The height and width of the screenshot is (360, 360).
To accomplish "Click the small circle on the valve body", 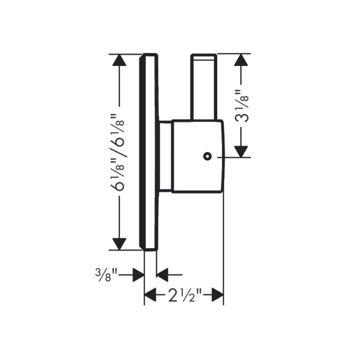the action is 207,156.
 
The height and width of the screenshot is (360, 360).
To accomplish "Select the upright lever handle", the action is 204,87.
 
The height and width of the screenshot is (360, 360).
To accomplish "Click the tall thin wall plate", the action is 149,152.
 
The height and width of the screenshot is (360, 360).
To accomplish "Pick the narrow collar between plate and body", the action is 165,156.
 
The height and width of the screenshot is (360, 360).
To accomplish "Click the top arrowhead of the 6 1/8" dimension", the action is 119,60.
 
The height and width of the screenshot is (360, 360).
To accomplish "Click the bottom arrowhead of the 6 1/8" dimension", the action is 119,244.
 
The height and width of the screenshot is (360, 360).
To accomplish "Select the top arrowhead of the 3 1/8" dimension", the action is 241,60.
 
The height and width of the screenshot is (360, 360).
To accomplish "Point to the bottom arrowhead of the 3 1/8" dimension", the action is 241,152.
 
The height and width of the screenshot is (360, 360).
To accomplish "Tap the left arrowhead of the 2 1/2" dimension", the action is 150,295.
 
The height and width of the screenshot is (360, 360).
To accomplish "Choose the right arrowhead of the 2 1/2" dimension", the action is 217,295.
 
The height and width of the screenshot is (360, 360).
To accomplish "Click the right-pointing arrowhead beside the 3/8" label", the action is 139,275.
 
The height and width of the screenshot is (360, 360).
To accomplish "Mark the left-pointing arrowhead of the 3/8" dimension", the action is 162,275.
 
